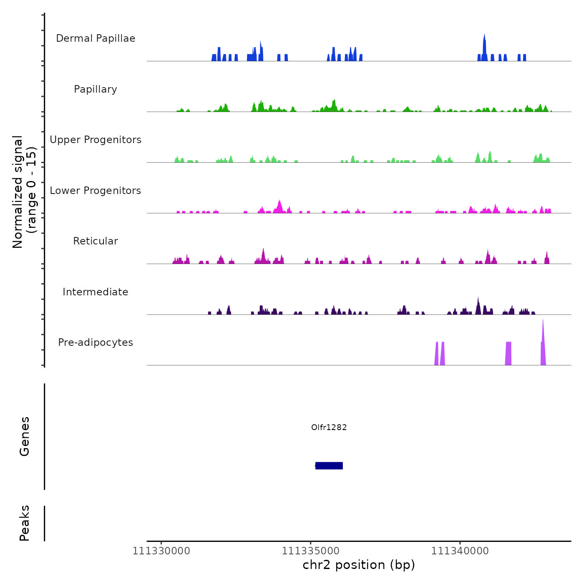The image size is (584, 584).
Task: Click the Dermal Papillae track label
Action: point(96,38)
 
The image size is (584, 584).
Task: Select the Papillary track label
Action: point(96,89)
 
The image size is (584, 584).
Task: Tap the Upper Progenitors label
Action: point(96,140)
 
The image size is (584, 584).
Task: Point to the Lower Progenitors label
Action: point(96,191)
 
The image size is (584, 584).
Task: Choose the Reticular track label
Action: point(96,241)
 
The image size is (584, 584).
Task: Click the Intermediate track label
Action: point(96,292)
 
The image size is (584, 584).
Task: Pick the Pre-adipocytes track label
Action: point(96,342)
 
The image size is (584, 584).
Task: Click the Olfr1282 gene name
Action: point(329,427)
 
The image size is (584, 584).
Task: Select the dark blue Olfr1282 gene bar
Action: point(329,466)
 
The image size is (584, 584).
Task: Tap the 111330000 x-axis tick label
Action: point(161,551)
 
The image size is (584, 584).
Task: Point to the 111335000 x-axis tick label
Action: point(310,551)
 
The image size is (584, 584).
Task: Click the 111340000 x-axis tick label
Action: point(460,551)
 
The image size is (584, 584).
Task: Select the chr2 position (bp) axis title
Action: point(359,565)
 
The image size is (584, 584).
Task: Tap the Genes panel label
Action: point(25,436)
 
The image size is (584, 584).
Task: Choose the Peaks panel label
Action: point(25,523)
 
